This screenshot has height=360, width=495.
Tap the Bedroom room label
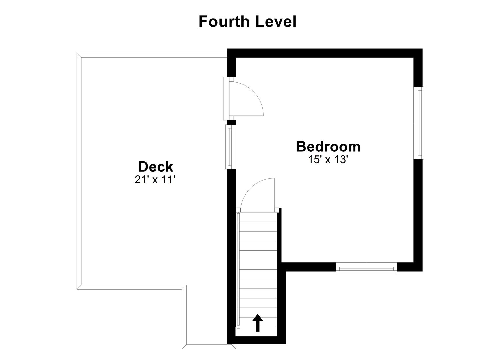328,147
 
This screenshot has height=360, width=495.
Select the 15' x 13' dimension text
328,160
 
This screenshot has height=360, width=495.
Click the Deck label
156,167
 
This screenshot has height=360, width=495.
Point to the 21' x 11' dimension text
155,180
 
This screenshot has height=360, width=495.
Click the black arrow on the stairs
257,323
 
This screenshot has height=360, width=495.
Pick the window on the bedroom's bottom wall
366,268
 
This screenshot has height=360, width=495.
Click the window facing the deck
230,146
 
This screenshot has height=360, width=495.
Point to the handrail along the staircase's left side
238,270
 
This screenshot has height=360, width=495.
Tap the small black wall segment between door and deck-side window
232,122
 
